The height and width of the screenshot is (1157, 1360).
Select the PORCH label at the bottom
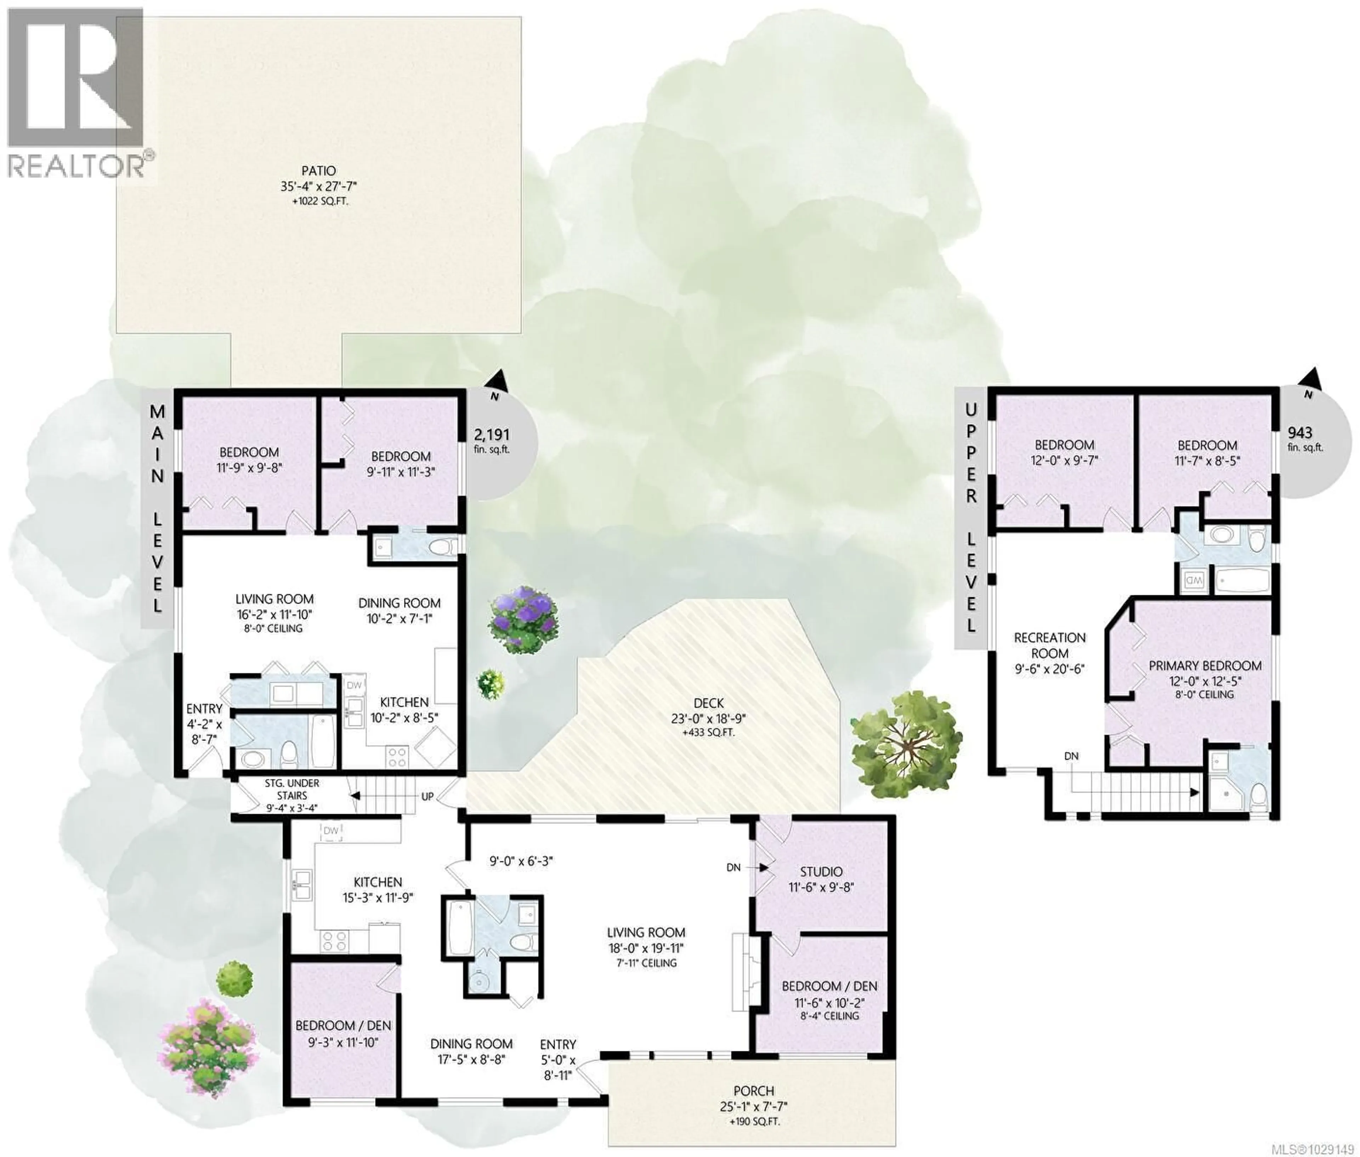pos(753,1091)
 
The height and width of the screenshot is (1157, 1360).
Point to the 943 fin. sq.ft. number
pos(1300,433)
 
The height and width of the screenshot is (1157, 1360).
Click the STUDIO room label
pos(821,872)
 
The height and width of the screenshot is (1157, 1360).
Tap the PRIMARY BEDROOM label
pos(1205,666)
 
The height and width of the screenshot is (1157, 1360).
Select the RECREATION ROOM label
pos(1050,645)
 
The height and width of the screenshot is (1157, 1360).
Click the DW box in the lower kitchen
pos(331,831)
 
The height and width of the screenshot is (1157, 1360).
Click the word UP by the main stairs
pos(427,796)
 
